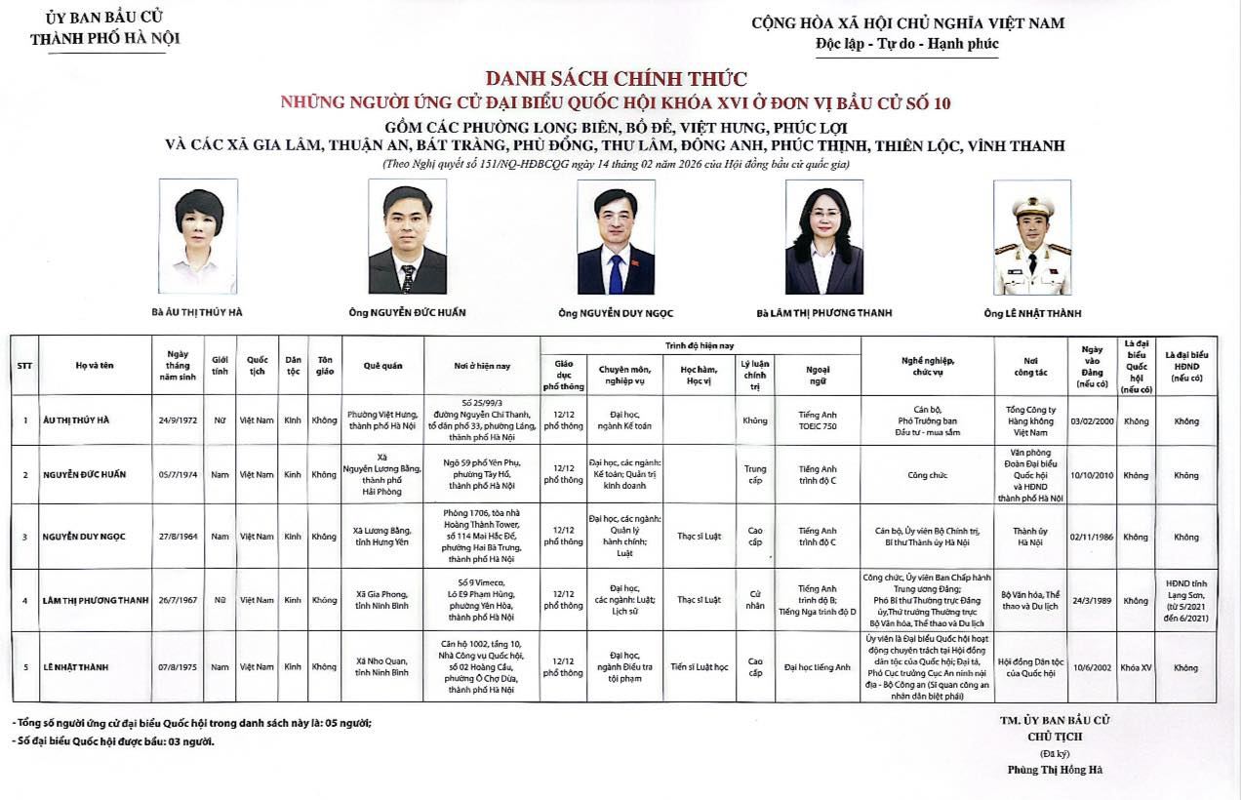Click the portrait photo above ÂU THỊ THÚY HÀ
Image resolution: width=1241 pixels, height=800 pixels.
(x=199, y=236)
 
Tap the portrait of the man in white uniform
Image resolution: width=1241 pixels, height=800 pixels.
(x=1032, y=237)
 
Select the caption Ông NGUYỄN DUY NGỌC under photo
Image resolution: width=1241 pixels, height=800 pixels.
(x=616, y=313)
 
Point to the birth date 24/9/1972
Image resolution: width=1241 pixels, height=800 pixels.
(x=178, y=420)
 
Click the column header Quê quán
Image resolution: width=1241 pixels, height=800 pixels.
(x=383, y=365)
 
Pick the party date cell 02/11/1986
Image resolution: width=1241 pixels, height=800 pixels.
(x=1091, y=537)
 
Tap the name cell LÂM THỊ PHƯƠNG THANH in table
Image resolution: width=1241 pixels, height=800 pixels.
(x=94, y=600)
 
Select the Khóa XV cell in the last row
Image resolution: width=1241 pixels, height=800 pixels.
(x=1136, y=667)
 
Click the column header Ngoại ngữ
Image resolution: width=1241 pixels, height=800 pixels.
(x=818, y=375)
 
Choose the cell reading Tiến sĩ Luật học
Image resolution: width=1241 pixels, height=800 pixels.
(x=700, y=667)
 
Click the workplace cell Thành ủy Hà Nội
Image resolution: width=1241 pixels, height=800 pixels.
(x=1030, y=537)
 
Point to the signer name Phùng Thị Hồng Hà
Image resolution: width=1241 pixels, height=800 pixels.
(x=1055, y=769)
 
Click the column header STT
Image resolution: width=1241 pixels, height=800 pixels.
(x=24, y=365)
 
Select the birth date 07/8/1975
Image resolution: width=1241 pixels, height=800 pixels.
(x=178, y=667)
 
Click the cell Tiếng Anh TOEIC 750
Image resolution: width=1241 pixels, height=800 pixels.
(x=818, y=420)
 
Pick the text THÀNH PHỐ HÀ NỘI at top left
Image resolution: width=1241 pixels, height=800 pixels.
(x=104, y=39)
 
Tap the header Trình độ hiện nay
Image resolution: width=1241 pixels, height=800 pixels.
(x=700, y=345)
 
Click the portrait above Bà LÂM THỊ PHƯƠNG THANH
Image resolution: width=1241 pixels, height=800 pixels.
(x=824, y=236)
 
